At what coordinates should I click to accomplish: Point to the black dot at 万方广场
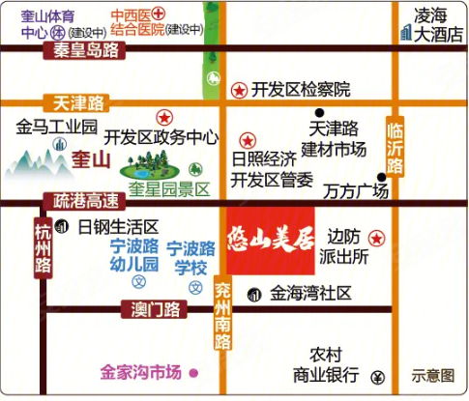382,177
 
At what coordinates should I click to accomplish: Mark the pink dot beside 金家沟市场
192,372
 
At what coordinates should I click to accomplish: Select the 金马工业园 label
58,128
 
